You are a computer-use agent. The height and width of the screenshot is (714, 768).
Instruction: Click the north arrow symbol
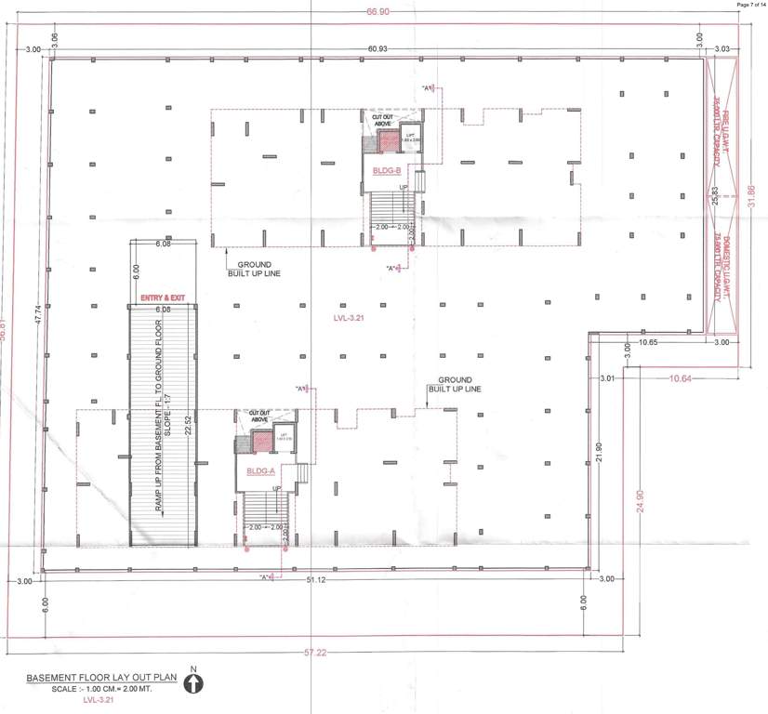tap(193, 684)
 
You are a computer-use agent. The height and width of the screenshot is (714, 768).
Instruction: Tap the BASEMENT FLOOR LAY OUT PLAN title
tap(102, 678)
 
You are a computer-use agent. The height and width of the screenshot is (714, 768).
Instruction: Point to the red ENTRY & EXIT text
tap(163, 297)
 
